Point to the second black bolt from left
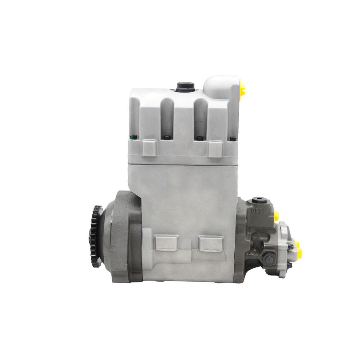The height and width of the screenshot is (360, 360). coord(166,138)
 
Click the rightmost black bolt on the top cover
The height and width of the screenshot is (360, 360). coord(233,138)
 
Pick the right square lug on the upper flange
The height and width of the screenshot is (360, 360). coord(215,148)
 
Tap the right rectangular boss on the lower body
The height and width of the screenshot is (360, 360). coord(211,243)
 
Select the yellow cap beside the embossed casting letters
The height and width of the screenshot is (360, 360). coord(276,216)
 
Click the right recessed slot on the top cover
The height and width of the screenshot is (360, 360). coord(201,115)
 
